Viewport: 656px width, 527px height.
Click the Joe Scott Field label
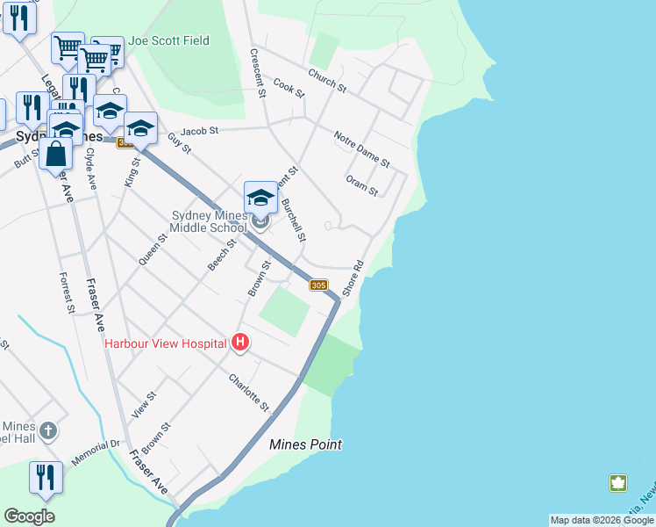click(170, 40)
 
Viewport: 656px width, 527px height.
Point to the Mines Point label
click(305, 444)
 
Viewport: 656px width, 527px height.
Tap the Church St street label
click(327, 81)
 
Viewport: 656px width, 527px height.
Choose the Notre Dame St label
click(361, 148)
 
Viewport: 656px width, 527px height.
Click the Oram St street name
click(361, 185)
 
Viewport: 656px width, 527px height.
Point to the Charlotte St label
click(249, 393)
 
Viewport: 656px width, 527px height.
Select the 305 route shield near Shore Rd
click(318, 285)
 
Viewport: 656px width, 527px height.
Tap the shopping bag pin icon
click(55, 153)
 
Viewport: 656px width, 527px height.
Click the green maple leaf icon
click(618, 482)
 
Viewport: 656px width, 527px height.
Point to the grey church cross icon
click(48, 431)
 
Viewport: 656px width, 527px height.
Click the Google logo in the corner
click(29, 516)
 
